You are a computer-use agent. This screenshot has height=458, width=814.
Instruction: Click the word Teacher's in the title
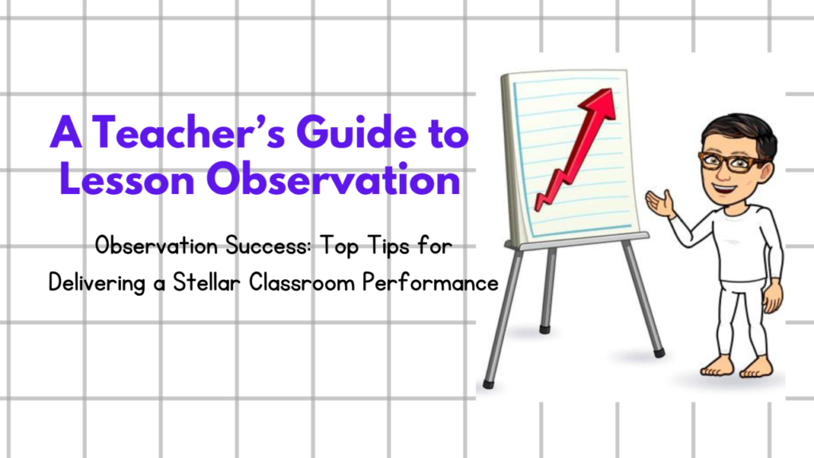click(190, 132)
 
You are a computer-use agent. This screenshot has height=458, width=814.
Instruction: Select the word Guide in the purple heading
click(356, 132)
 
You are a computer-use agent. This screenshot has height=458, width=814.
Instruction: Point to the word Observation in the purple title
click(333, 179)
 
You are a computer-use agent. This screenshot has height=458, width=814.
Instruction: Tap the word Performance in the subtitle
click(430, 283)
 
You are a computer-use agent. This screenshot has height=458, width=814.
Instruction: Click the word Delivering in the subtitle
click(97, 284)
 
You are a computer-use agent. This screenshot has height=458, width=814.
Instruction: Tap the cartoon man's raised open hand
click(660, 203)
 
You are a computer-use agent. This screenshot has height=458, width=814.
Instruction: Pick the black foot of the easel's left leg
click(488, 384)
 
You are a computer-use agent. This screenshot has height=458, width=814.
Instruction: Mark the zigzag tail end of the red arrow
click(538, 204)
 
